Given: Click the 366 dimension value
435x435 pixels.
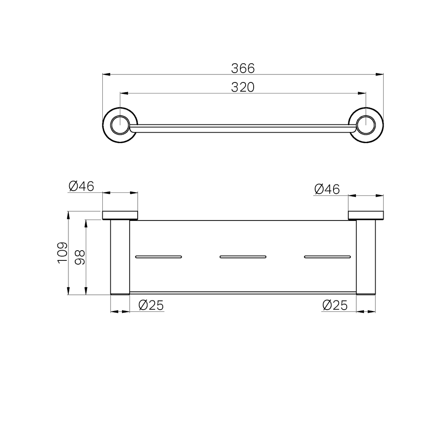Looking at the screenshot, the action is (243, 68).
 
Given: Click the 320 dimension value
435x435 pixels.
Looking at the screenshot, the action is (243, 88).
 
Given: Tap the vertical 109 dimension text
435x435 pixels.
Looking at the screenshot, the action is (62, 253).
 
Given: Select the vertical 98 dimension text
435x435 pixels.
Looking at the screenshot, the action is (80, 257).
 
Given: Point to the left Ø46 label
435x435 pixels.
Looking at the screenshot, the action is (81, 186).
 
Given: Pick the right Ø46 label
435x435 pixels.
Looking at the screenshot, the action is (327, 189).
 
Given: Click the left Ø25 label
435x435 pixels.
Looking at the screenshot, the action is (151, 305).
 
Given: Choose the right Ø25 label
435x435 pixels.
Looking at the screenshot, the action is (335, 305).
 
